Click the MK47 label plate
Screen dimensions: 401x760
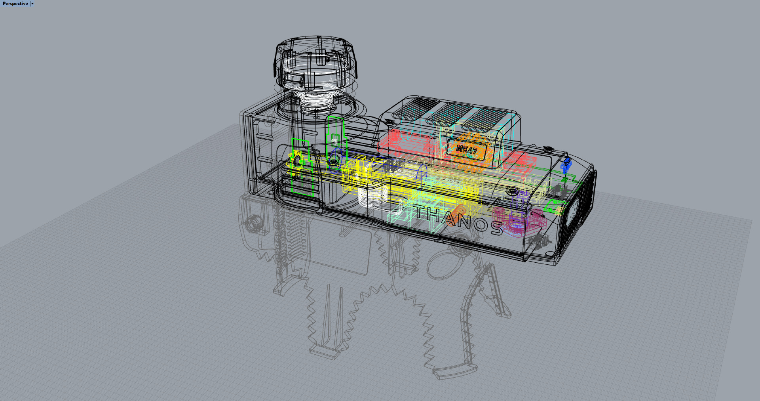(x=466, y=150)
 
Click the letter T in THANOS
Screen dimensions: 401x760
(x=420, y=211)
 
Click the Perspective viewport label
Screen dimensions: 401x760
(x=15, y=4)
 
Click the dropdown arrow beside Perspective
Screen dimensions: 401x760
(x=32, y=4)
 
